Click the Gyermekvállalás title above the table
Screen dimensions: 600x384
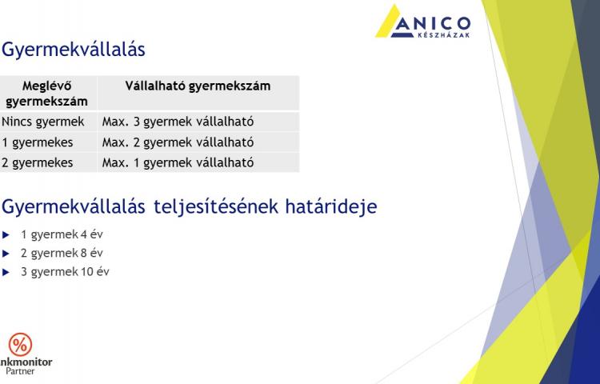74,50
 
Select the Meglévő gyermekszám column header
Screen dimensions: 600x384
46,94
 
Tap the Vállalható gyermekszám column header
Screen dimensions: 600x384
198,86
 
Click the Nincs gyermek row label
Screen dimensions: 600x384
43,122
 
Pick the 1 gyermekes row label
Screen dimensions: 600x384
37,142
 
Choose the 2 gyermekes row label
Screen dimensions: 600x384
37,162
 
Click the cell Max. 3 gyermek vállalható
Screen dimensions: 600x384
178,122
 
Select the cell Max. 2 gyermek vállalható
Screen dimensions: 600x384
178,142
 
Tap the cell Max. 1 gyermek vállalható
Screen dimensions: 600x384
178,162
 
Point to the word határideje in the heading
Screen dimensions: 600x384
331,207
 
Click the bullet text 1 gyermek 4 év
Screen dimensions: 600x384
62,234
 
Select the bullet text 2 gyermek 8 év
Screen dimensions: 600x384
62,253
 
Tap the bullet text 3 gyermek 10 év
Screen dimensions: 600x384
65,272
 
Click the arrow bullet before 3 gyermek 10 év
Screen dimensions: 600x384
6,272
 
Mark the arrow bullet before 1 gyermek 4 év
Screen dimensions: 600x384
6,235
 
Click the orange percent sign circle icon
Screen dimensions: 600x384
20,344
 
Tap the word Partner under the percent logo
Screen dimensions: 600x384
20,371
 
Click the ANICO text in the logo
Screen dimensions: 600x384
432,24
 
